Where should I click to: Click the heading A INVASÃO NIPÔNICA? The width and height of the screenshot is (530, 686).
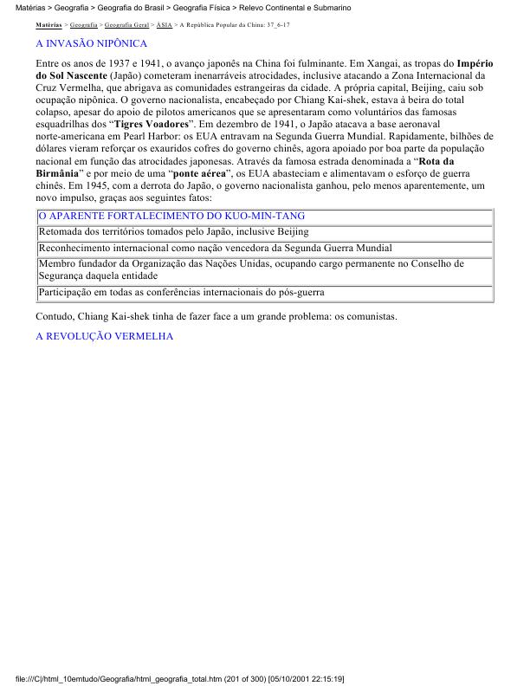click(91, 43)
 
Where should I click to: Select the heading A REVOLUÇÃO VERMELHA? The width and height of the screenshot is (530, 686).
click(105, 335)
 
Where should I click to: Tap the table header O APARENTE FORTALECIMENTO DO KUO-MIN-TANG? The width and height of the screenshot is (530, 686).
click(171, 216)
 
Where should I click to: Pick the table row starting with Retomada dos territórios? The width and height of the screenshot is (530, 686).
click(173, 232)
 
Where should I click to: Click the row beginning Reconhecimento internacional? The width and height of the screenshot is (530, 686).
click(216, 248)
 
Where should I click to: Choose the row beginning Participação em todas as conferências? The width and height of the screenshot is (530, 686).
click(181, 293)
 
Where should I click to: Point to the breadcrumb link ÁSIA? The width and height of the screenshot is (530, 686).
click(164, 25)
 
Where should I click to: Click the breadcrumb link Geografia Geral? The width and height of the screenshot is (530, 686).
click(126, 25)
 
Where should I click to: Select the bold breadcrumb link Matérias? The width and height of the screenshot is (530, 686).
click(48, 25)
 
